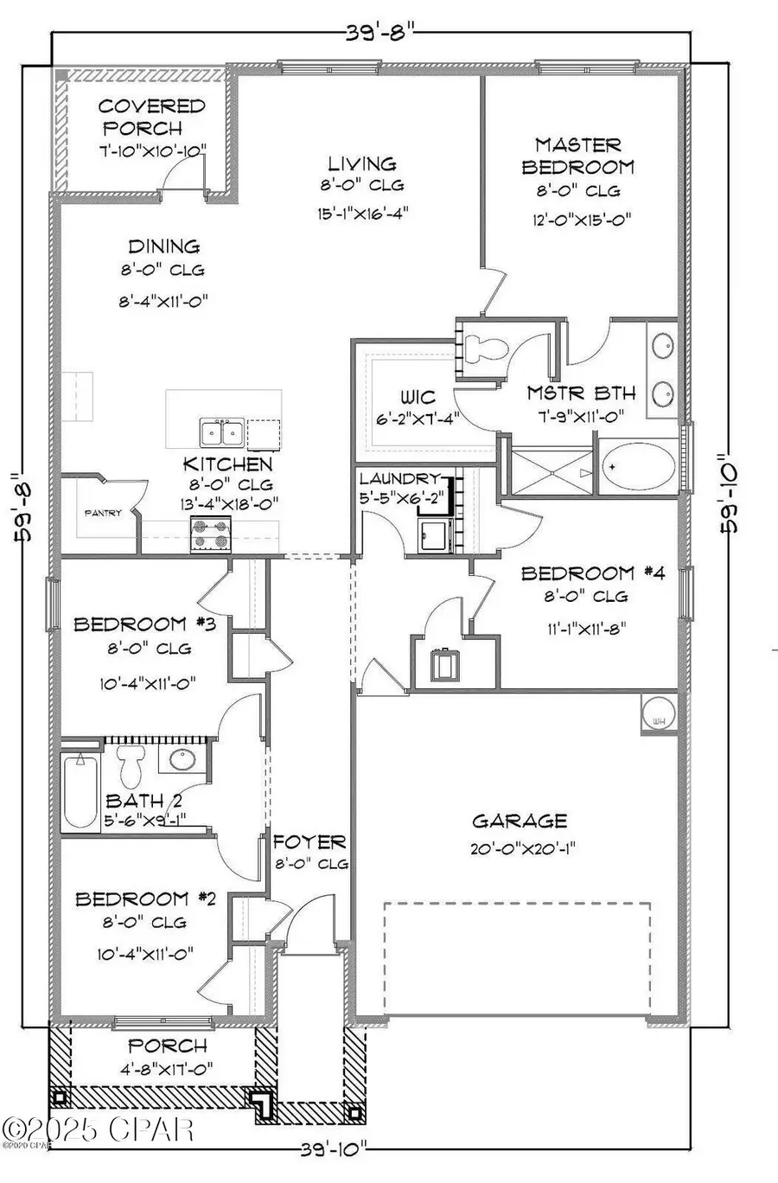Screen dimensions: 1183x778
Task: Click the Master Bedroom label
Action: pyautogui.click(x=577, y=156)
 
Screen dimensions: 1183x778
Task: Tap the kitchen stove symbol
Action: pyautogui.click(x=211, y=535)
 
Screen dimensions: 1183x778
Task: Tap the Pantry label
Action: pyautogui.click(x=102, y=513)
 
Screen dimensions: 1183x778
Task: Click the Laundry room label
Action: pyautogui.click(x=400, y=478)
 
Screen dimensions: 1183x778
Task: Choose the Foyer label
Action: pyautogui.click(x=309, y=841)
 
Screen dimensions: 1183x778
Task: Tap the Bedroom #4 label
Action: pyautogui.click(x=593, y=573)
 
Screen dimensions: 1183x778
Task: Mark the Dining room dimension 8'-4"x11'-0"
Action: pyautogui.click(x=163, y=301)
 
